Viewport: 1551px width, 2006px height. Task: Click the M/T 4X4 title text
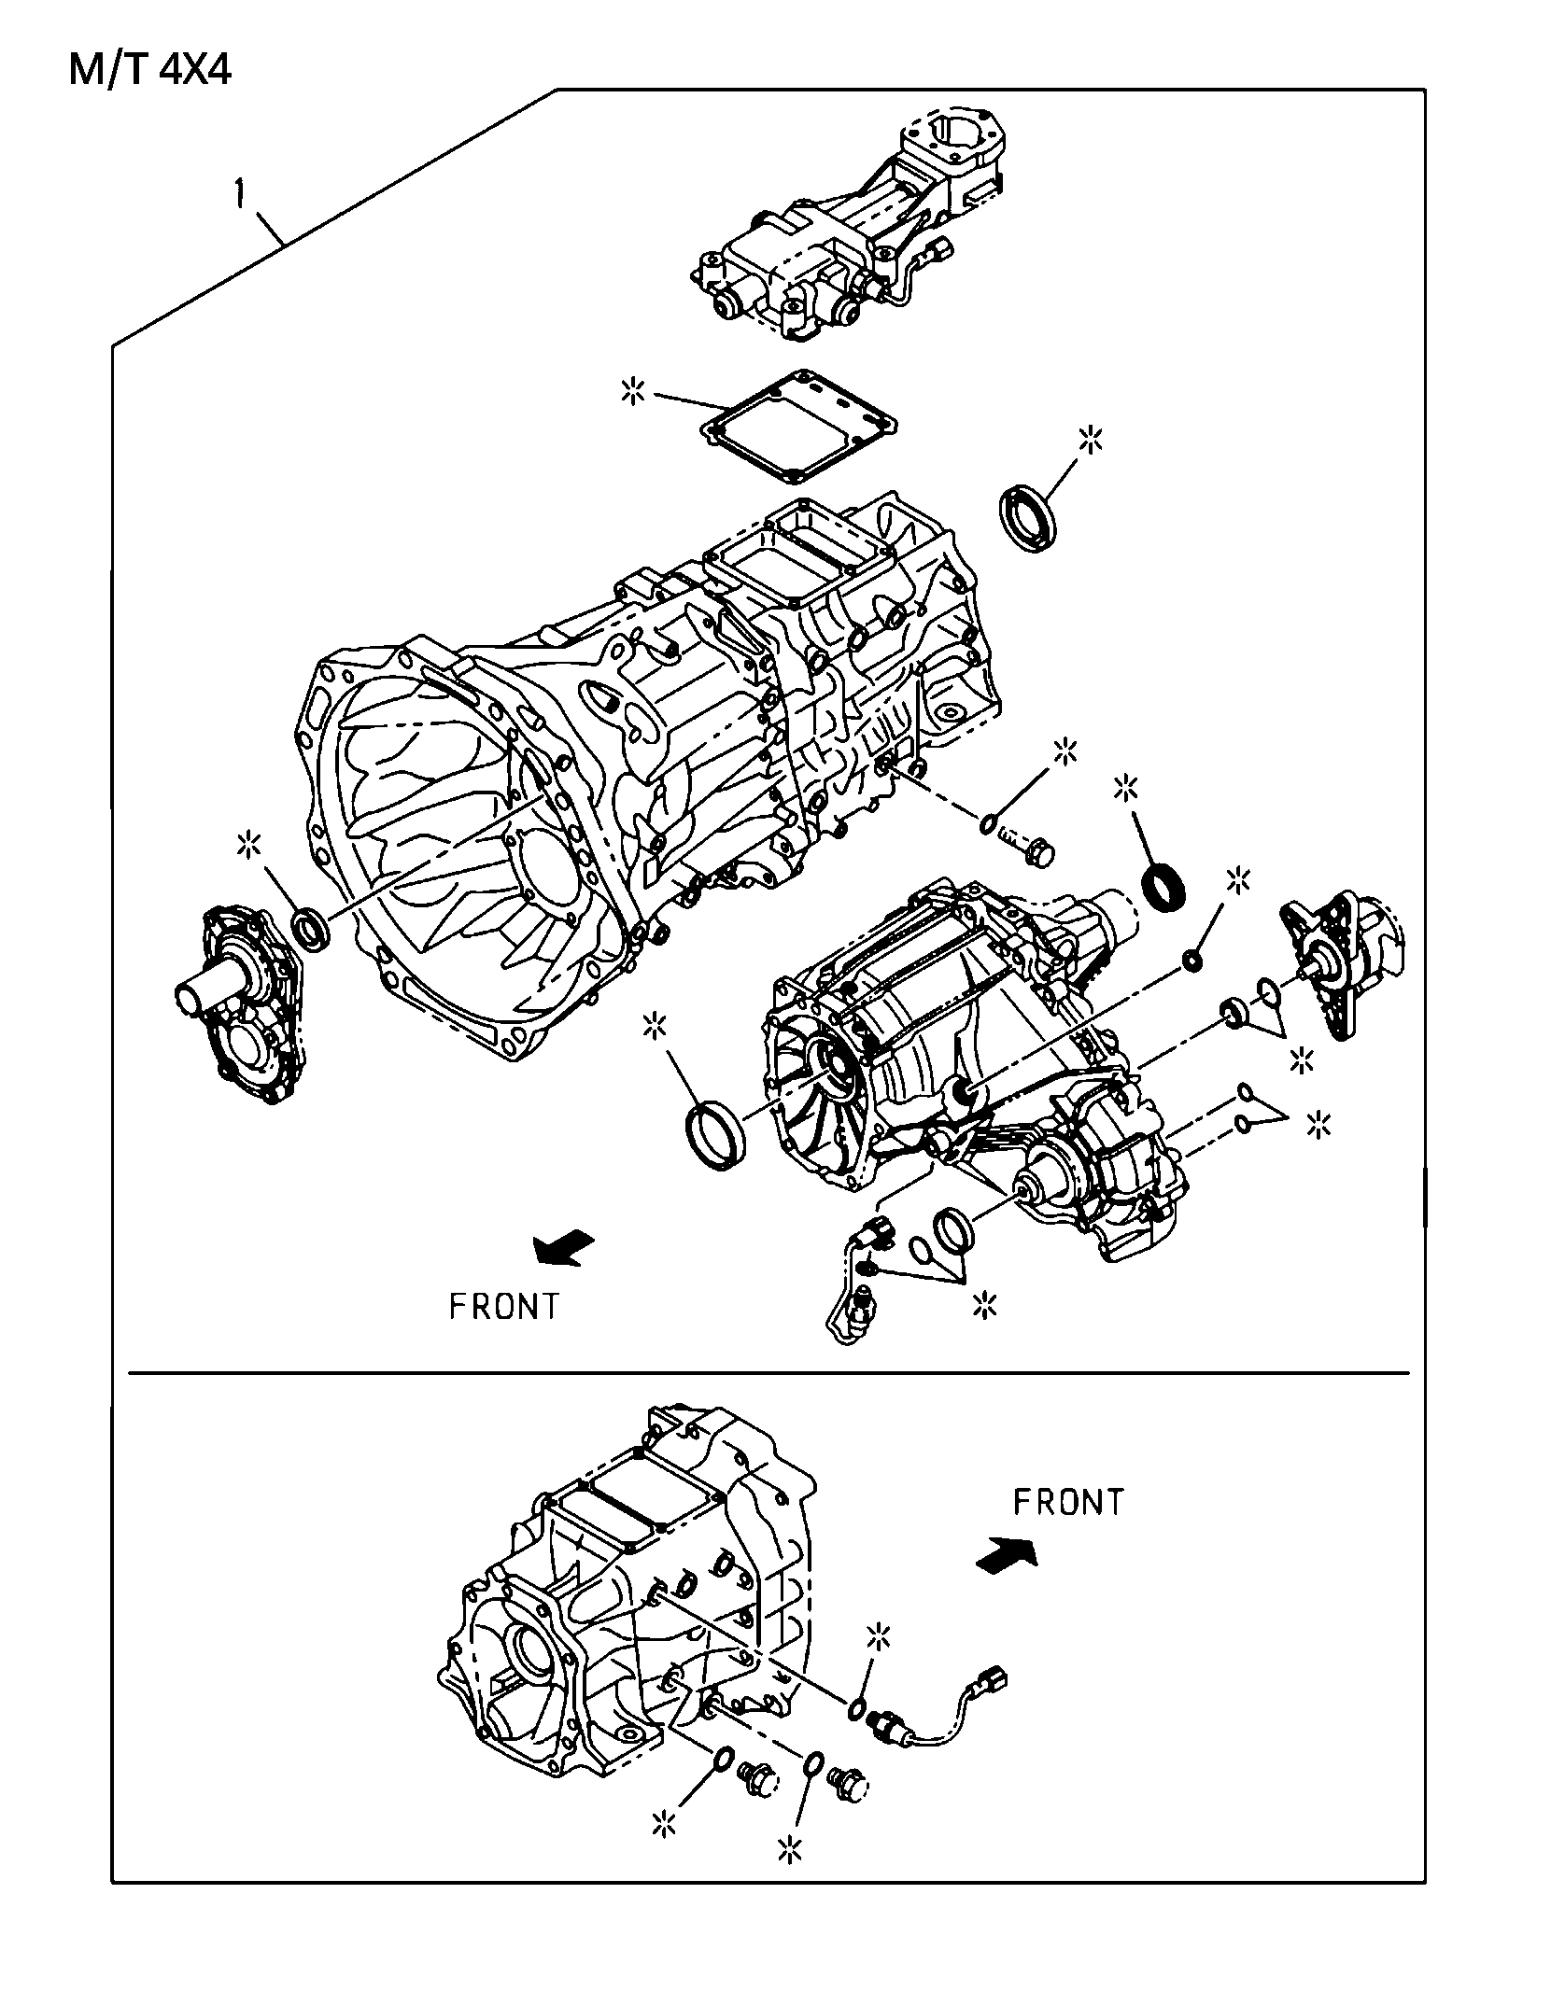[150, 71]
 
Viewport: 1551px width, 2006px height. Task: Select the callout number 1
[241, 195]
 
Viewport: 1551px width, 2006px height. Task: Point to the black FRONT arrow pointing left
[563, 1248]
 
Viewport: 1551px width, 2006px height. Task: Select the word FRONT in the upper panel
[504, 1307]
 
